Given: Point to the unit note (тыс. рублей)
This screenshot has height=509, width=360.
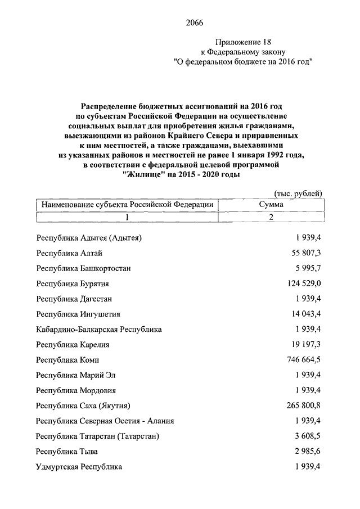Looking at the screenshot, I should [x=298, y=194].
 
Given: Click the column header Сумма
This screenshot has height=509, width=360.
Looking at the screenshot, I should [x=271, y=205].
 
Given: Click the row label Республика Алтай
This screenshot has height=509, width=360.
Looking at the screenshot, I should [x=69, y=253].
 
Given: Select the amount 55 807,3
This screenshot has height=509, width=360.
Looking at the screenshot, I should [x=305, y=253].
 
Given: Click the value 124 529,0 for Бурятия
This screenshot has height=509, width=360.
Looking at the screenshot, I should [x=303, y=284].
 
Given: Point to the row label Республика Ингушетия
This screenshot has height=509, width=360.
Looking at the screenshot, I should [x=78, y=314].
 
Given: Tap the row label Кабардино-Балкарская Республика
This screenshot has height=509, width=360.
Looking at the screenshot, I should [x=98, y=330].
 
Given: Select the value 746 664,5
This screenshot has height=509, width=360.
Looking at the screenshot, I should [x=303, y=360].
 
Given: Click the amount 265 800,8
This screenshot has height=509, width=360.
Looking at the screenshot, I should [x=303, y=406].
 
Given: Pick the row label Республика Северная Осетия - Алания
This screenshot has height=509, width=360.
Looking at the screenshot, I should [x=105, y=421].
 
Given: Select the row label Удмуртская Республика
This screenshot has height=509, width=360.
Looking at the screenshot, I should [x=79, y=467].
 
